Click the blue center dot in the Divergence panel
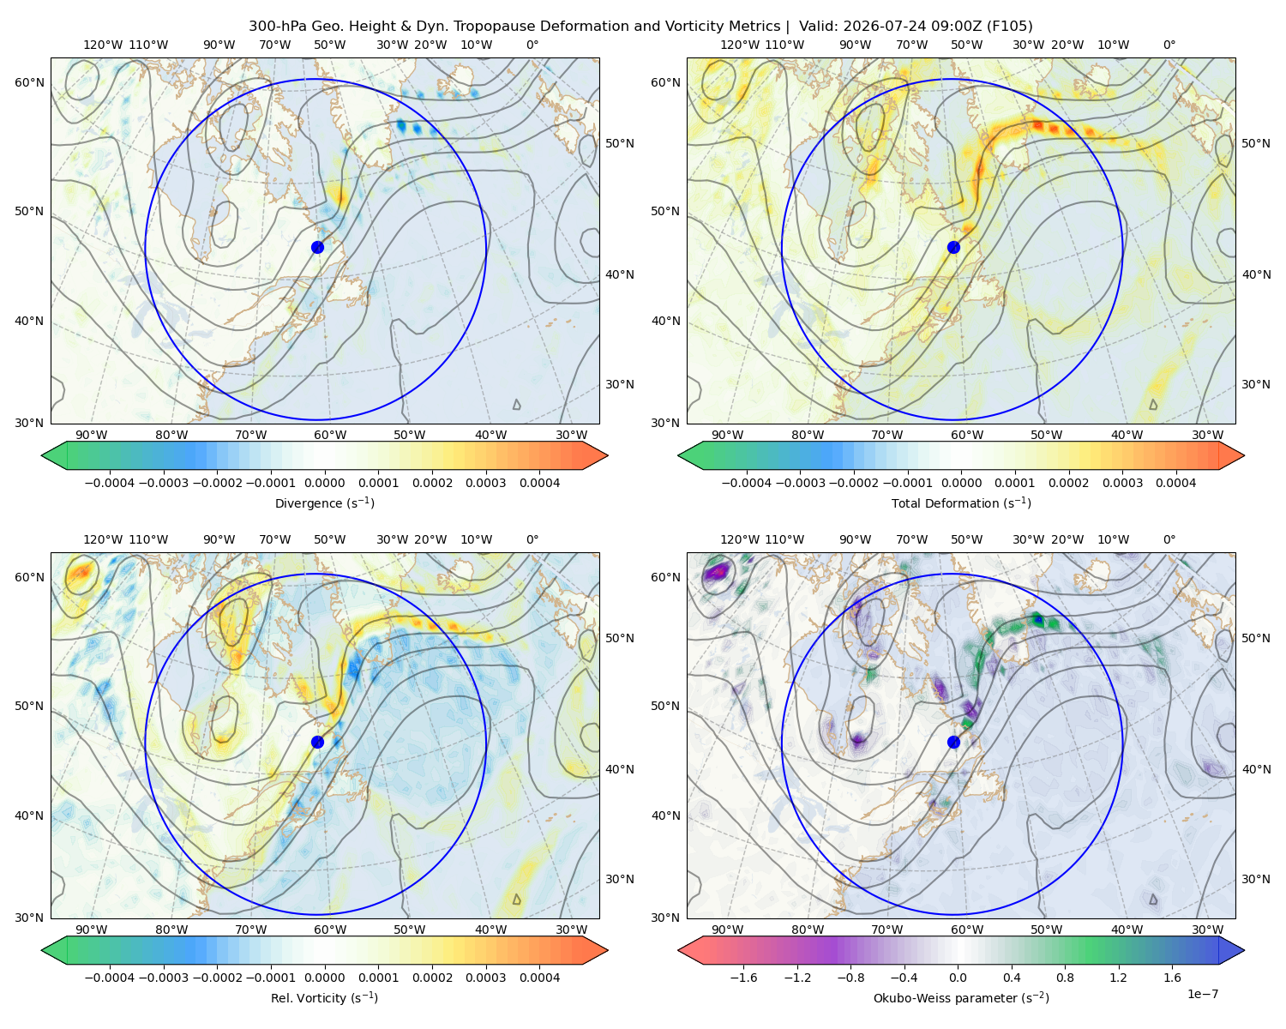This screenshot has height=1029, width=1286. [317, 247]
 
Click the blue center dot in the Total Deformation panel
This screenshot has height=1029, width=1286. [953, 247]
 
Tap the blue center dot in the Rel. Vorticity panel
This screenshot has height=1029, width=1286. [317, 742]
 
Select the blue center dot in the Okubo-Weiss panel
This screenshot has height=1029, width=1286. [953, 742]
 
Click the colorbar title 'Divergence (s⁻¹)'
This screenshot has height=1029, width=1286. [324, 502]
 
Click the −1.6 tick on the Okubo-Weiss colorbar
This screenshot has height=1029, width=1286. [743, 977]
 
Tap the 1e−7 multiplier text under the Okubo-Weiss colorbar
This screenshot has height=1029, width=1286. [1202, 994]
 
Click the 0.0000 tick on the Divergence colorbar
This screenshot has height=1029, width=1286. [324, 483]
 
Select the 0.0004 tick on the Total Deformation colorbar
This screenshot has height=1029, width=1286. [1175, 483]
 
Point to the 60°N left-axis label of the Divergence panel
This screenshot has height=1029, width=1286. [29, 82]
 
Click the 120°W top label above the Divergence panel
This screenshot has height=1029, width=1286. [103, 45]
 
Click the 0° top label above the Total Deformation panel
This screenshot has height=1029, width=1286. [1169, 45]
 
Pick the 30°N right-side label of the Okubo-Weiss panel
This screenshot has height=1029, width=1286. [1255, 878]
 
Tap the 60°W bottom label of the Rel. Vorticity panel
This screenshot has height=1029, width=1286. [330, 930]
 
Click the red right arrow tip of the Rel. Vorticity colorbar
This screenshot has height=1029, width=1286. [607, 950]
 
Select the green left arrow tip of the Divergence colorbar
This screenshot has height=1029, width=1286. [42, 455]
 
